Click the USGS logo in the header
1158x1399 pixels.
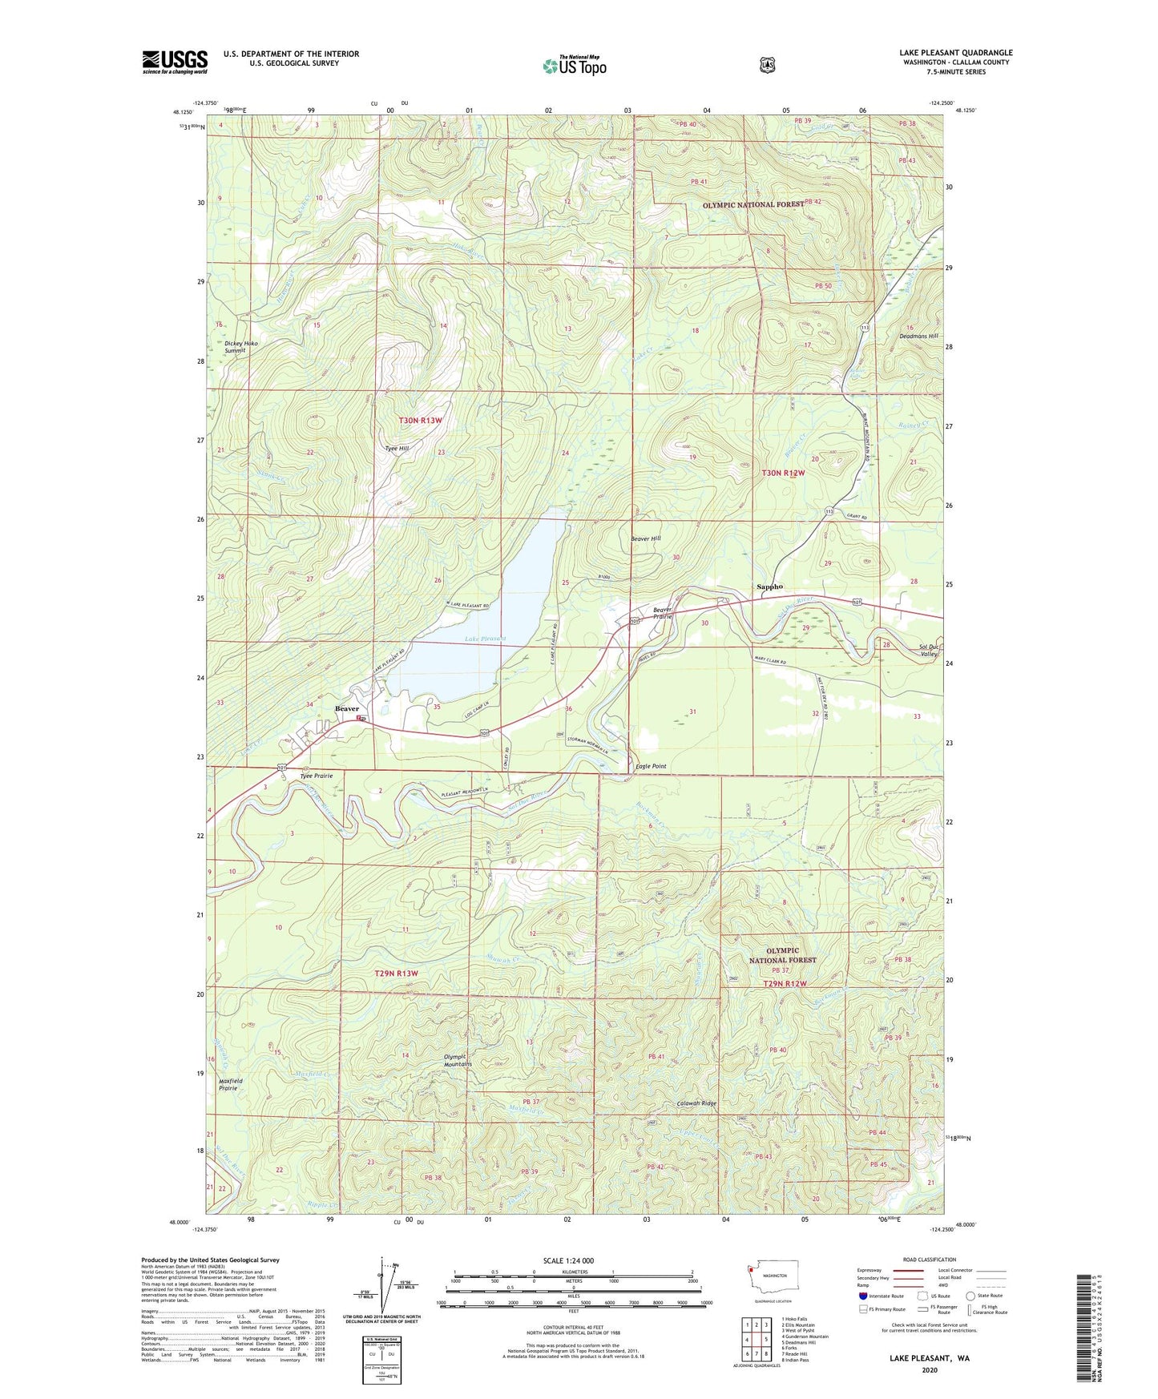coord(175,62)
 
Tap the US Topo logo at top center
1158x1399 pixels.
coord(574,66)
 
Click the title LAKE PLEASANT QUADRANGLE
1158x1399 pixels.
coord(955,53)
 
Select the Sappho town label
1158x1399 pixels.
coord(769,587)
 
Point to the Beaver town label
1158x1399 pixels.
coord(347,708)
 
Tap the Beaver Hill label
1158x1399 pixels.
coord(645,539)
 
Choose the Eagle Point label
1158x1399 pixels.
coord(651,766)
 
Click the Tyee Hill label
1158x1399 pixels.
coord(397,449)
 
